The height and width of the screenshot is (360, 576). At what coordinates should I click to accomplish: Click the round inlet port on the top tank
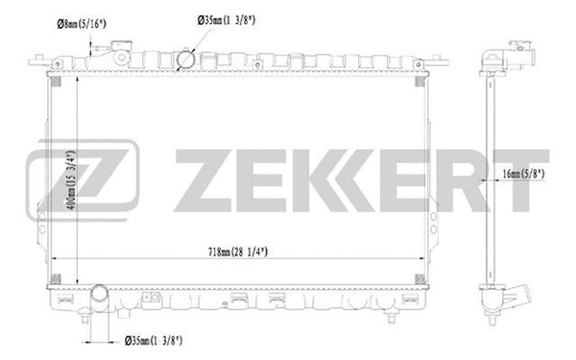[x=185, y=60]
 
